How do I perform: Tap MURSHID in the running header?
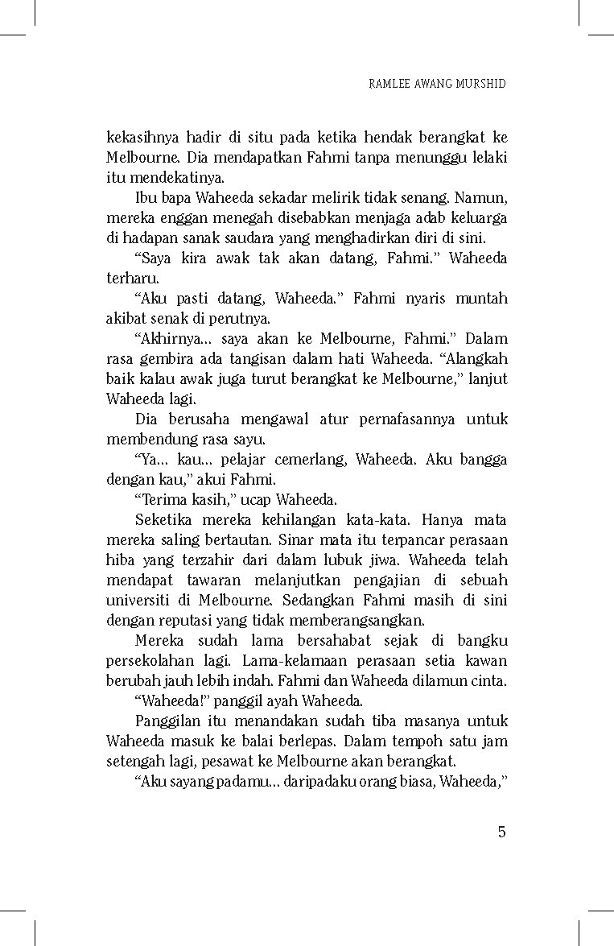tap(480, 84)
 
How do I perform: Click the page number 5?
tap(501, 832)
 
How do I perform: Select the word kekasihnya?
tap(139, 138)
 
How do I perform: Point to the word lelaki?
tap(489, 158)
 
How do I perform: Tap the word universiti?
tap(138, 601)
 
